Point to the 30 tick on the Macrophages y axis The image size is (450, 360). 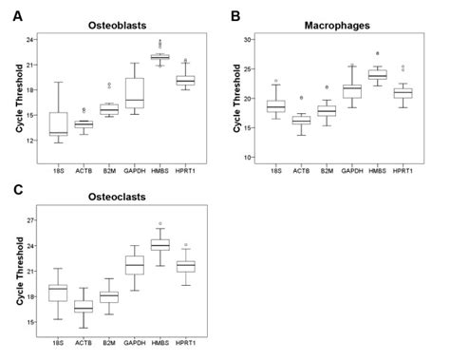(x=250, y=40)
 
